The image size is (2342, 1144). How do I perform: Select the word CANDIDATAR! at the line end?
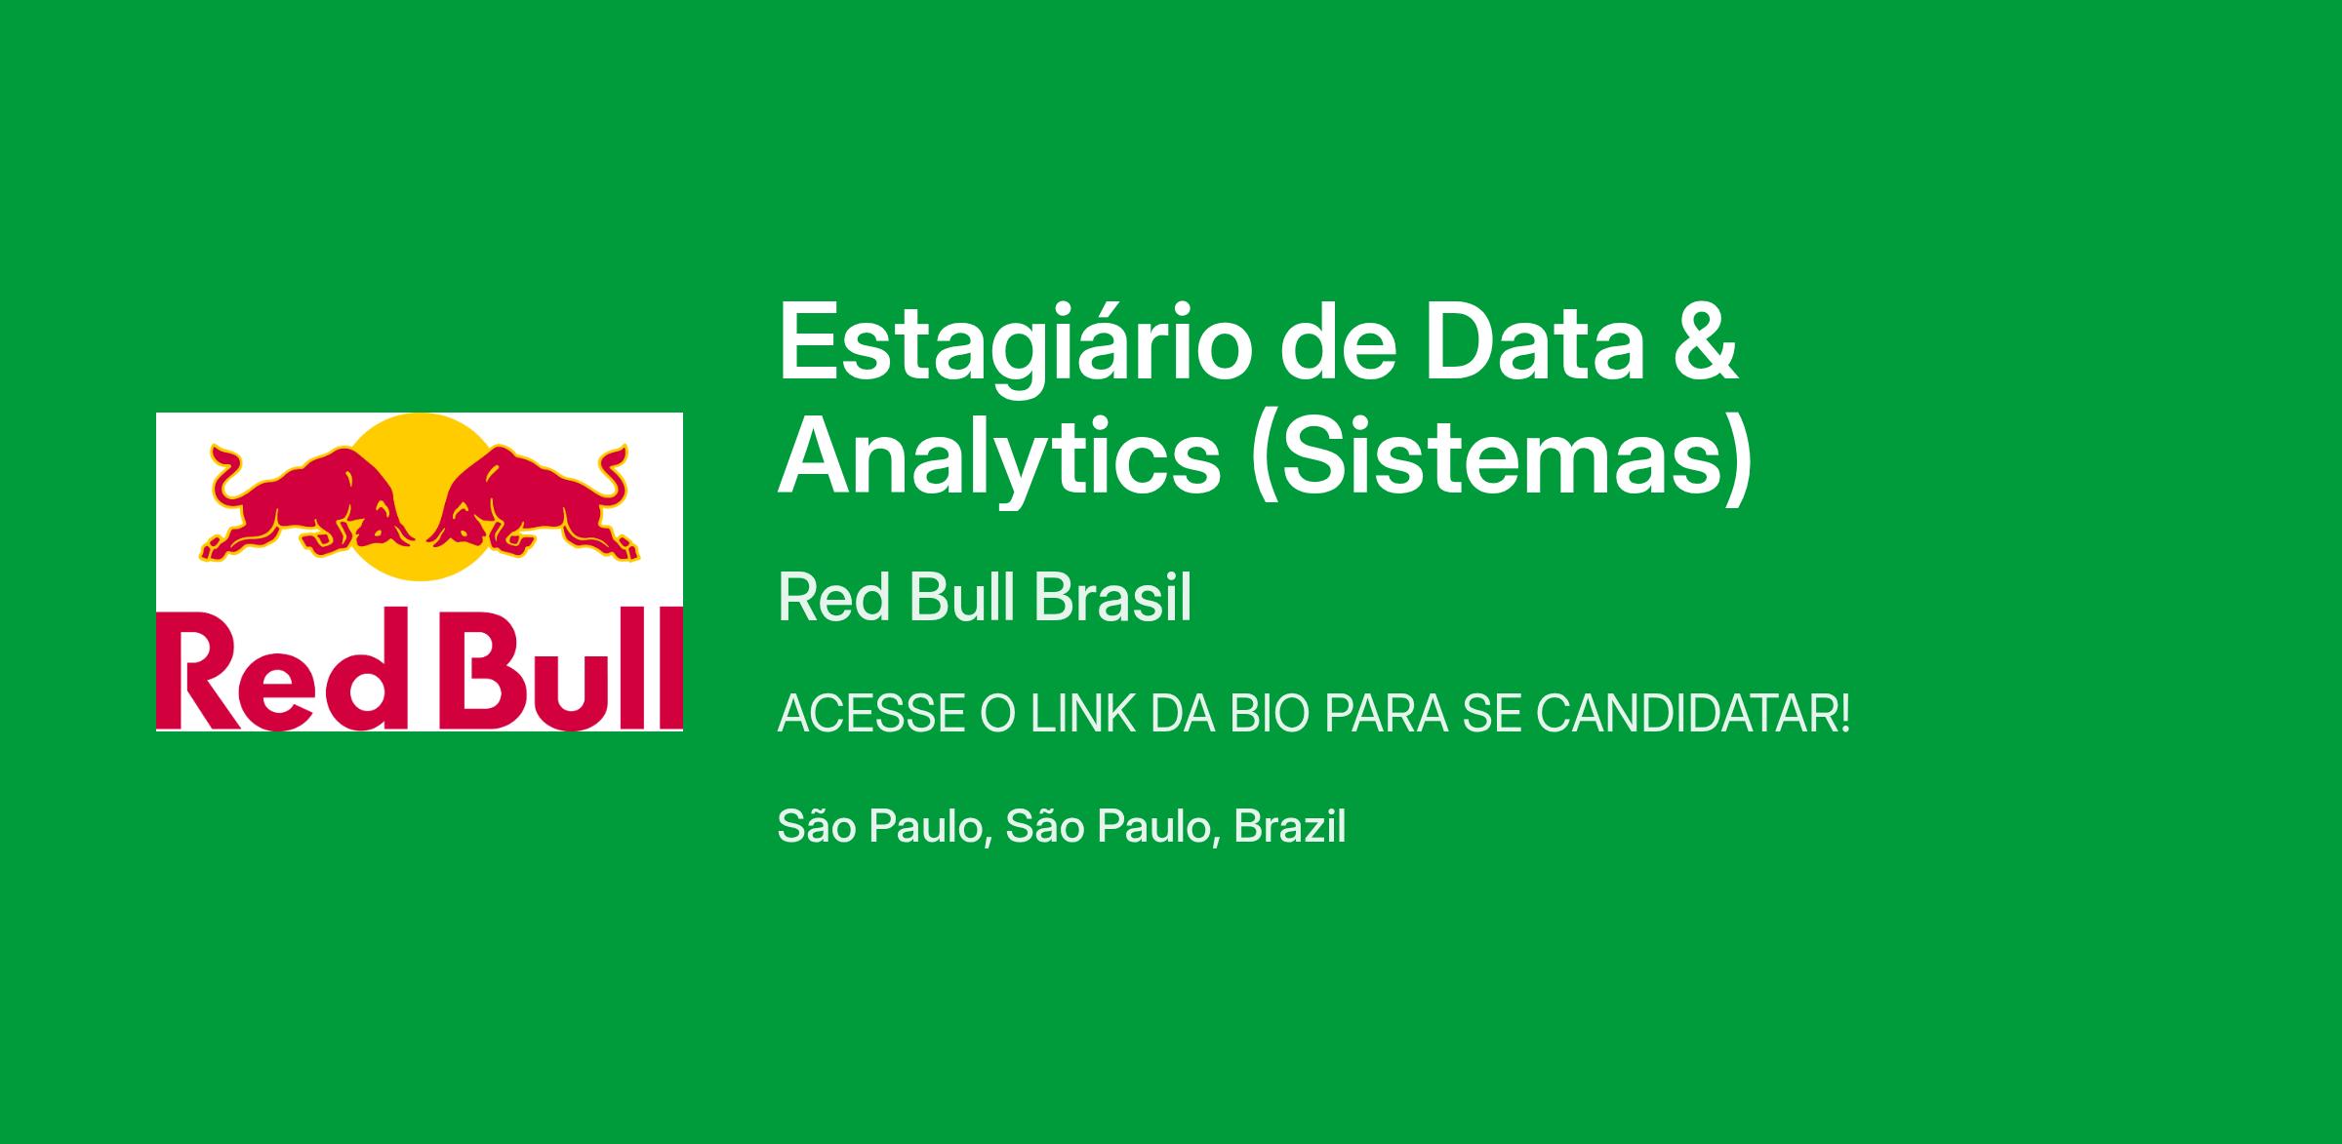point(1693,715)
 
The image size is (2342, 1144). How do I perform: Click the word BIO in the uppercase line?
point(1269,715)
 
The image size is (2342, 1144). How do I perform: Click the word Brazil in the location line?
point(1290,826)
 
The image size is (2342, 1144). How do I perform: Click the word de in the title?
point(1337,341)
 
